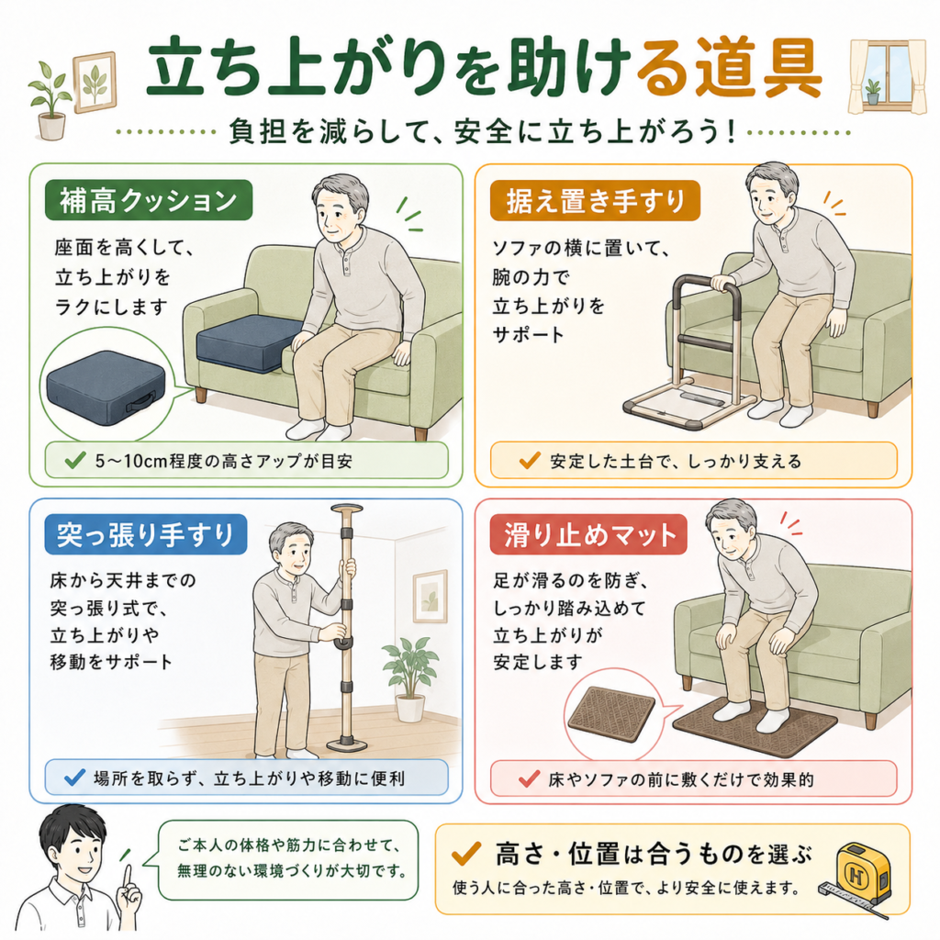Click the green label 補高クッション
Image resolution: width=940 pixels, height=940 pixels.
(149, 200)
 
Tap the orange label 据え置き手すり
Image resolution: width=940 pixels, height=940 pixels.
(595, 200)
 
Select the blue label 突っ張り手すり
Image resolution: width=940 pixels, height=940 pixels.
(146, 534)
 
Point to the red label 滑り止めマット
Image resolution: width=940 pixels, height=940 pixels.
(588, 534)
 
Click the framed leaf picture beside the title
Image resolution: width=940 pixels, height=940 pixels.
(95, 82)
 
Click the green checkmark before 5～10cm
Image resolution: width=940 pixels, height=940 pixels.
(75, 461)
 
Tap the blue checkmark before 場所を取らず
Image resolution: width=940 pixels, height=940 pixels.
(74, 778)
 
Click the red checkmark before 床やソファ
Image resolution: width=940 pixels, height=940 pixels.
(530, 778)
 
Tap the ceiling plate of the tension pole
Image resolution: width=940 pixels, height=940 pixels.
(347, 509)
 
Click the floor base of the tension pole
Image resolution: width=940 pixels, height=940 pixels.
(347, 745)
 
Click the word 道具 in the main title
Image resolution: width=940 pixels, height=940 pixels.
(758, 68)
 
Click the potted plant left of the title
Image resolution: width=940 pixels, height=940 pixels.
(50, 99)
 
